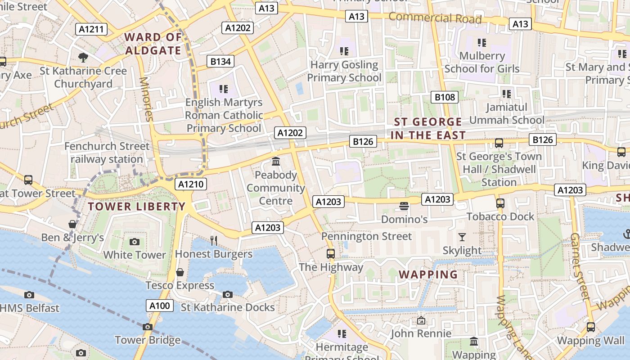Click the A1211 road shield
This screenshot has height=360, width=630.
pos(91,30)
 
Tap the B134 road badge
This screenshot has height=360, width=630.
pos(220,62)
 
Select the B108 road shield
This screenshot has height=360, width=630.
pos(445,97)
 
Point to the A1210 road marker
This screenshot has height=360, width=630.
pos(191,184)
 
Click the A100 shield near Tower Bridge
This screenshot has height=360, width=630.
pos(160,306)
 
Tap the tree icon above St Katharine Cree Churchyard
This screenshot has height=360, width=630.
pos(83,57)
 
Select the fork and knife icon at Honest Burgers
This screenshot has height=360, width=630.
pos(214,241)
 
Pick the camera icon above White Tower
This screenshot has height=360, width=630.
pos(134,242)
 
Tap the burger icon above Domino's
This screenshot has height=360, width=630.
pos(404,207)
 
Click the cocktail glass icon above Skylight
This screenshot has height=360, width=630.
pos(462,237)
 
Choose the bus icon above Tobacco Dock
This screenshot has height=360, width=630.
pos(500,203)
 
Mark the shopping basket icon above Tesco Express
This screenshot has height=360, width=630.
pos(180,272)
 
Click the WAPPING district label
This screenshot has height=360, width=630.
pos(428,274)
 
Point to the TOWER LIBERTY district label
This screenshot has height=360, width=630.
pos(136,207)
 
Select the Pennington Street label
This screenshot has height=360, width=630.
pos(366,236)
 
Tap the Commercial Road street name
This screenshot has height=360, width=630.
pos(435,18)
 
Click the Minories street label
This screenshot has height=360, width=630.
pos(147,99)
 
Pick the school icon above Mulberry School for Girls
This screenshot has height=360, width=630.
pos(482,43)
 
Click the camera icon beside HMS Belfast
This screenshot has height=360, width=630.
pos(29,295)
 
